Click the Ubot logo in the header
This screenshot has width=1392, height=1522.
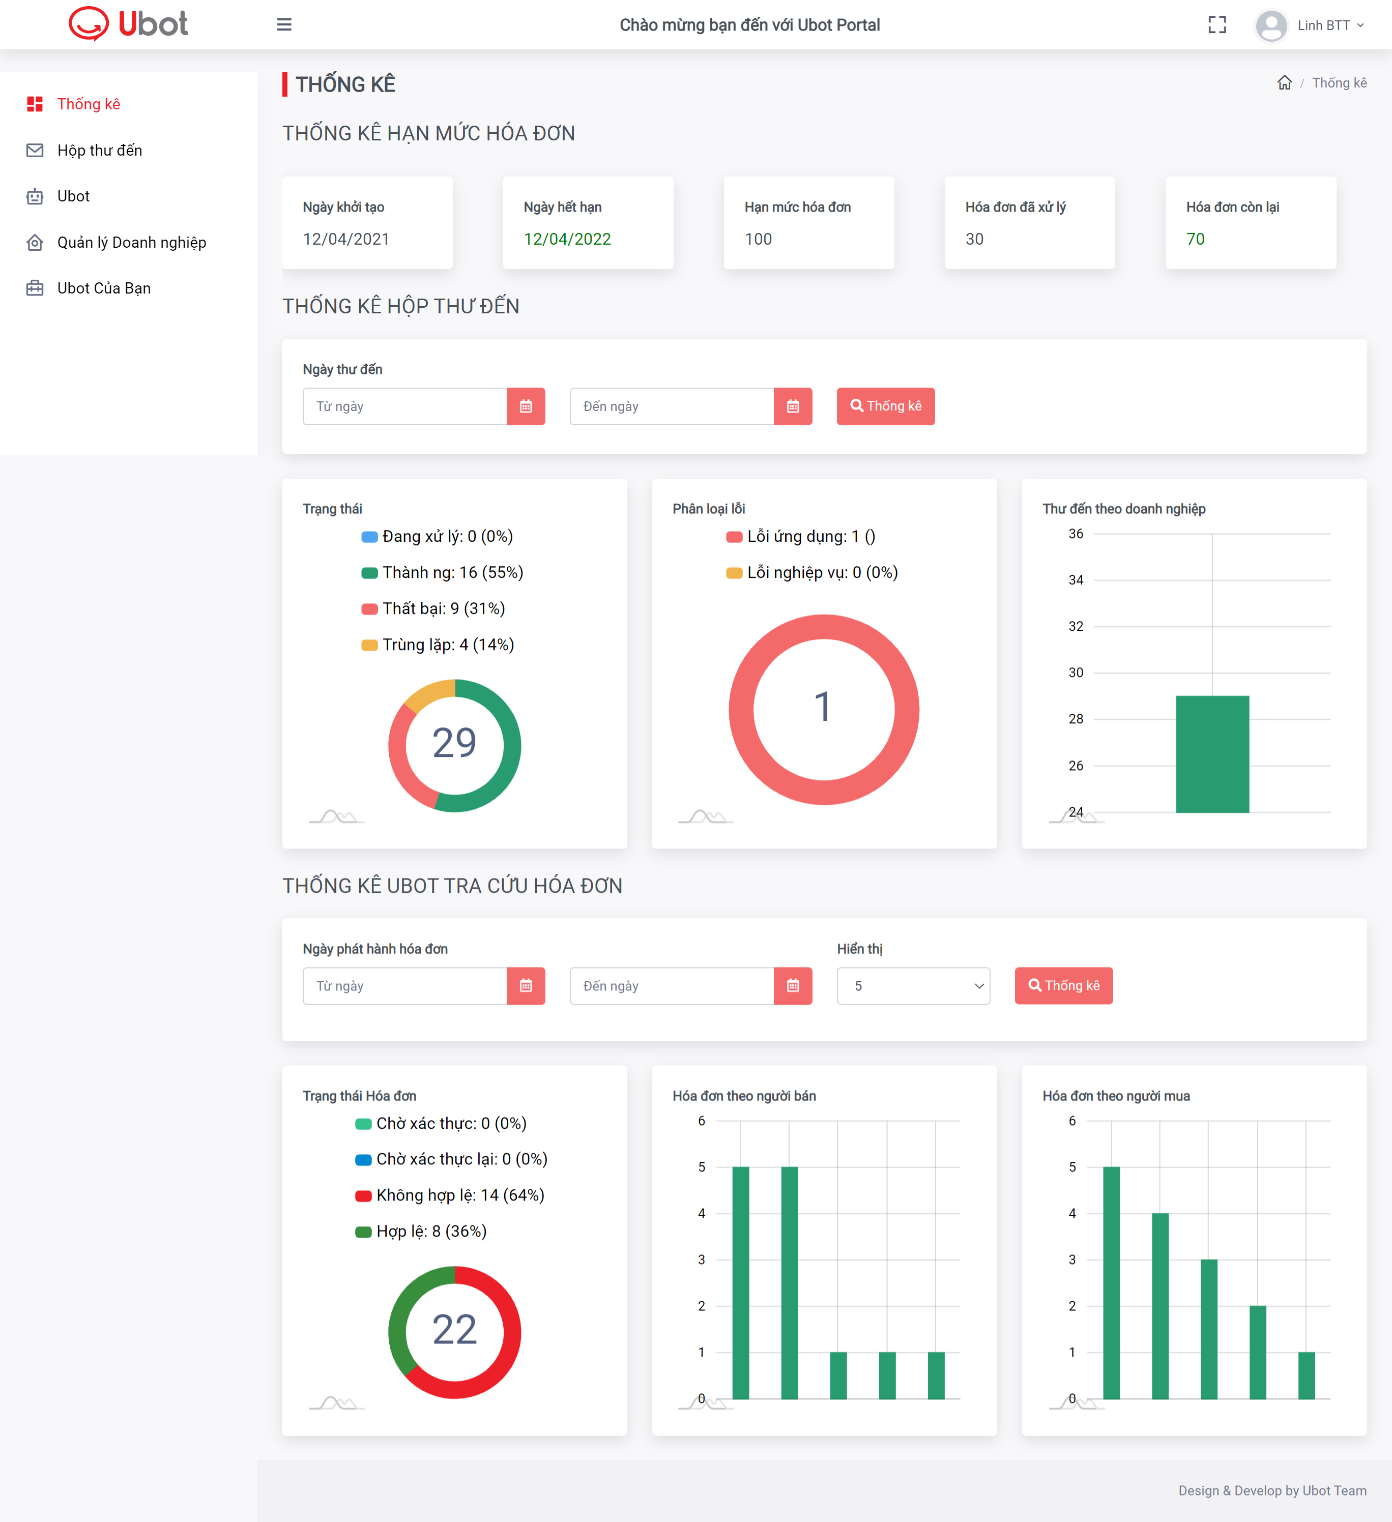128,23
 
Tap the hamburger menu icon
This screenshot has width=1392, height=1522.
284,25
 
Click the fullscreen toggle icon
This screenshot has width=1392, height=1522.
1217,25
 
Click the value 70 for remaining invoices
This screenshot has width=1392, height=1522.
1196,239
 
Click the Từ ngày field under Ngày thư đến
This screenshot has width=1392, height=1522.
404,406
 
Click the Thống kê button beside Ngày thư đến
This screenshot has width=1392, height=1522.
885,406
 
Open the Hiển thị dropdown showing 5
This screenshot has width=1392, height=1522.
913,986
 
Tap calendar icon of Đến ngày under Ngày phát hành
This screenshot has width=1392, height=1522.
793,986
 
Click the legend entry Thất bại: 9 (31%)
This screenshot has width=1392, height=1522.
434,608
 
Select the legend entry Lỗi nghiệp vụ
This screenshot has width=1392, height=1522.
812,572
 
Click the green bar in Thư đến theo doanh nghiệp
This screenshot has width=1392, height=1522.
1212,754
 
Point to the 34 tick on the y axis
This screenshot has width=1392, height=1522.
1076,580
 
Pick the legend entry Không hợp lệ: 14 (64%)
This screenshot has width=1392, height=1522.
450,1195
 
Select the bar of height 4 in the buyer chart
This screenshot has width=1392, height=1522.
1160,1306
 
